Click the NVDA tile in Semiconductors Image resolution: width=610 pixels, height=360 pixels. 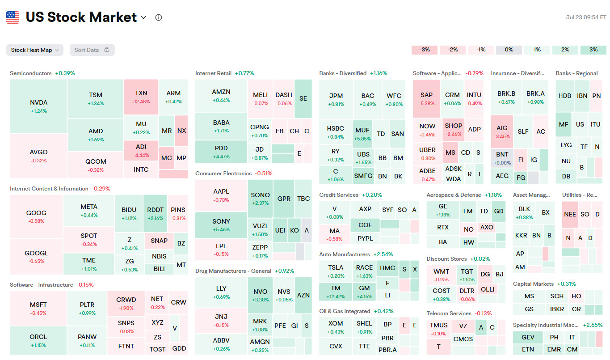coord(38,106)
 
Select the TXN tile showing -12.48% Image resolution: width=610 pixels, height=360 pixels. coord(141,97)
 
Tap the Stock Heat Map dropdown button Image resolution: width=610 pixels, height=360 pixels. coord(35,50)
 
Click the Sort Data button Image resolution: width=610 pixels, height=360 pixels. coord(92,50)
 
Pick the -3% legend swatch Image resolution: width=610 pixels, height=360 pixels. coord(425,50)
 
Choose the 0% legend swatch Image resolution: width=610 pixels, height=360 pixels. coord(509,50)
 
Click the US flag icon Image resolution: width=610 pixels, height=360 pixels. coord(13,17)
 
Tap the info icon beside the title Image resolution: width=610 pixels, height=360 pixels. coord(158,17)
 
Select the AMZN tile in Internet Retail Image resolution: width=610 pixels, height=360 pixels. coord(221,95)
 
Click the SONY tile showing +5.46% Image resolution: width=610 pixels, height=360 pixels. coord(221,224)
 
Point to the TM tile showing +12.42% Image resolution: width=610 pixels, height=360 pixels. coord(336,292)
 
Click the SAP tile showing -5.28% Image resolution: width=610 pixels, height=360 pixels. coord(426,98)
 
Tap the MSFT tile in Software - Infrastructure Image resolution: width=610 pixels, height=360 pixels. coord(38,308)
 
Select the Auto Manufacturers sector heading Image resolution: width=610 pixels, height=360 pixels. coord(345,254)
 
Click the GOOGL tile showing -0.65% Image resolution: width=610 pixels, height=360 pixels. coord(36,257)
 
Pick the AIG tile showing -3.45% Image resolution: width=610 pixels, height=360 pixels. coord(502,131)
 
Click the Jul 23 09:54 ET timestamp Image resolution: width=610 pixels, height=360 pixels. coord(586,17)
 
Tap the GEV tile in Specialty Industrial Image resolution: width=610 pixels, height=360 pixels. coord(528,337)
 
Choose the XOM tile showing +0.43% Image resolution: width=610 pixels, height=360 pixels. coord(336,327)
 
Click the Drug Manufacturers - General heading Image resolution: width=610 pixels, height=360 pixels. coord(233,271)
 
